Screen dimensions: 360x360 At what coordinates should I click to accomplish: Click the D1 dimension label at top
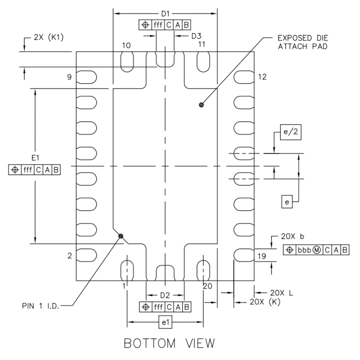pos(165,12)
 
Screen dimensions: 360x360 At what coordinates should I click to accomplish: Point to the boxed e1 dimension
pos(165,322)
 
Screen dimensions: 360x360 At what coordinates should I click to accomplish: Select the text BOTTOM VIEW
pos(165,343)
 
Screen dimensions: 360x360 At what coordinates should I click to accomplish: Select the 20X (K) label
pos(269,302)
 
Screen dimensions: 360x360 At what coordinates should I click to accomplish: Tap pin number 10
pos(126,45)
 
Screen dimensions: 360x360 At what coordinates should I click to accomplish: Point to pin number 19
pos(262,256)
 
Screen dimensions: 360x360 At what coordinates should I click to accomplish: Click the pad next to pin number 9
pos(86,77)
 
